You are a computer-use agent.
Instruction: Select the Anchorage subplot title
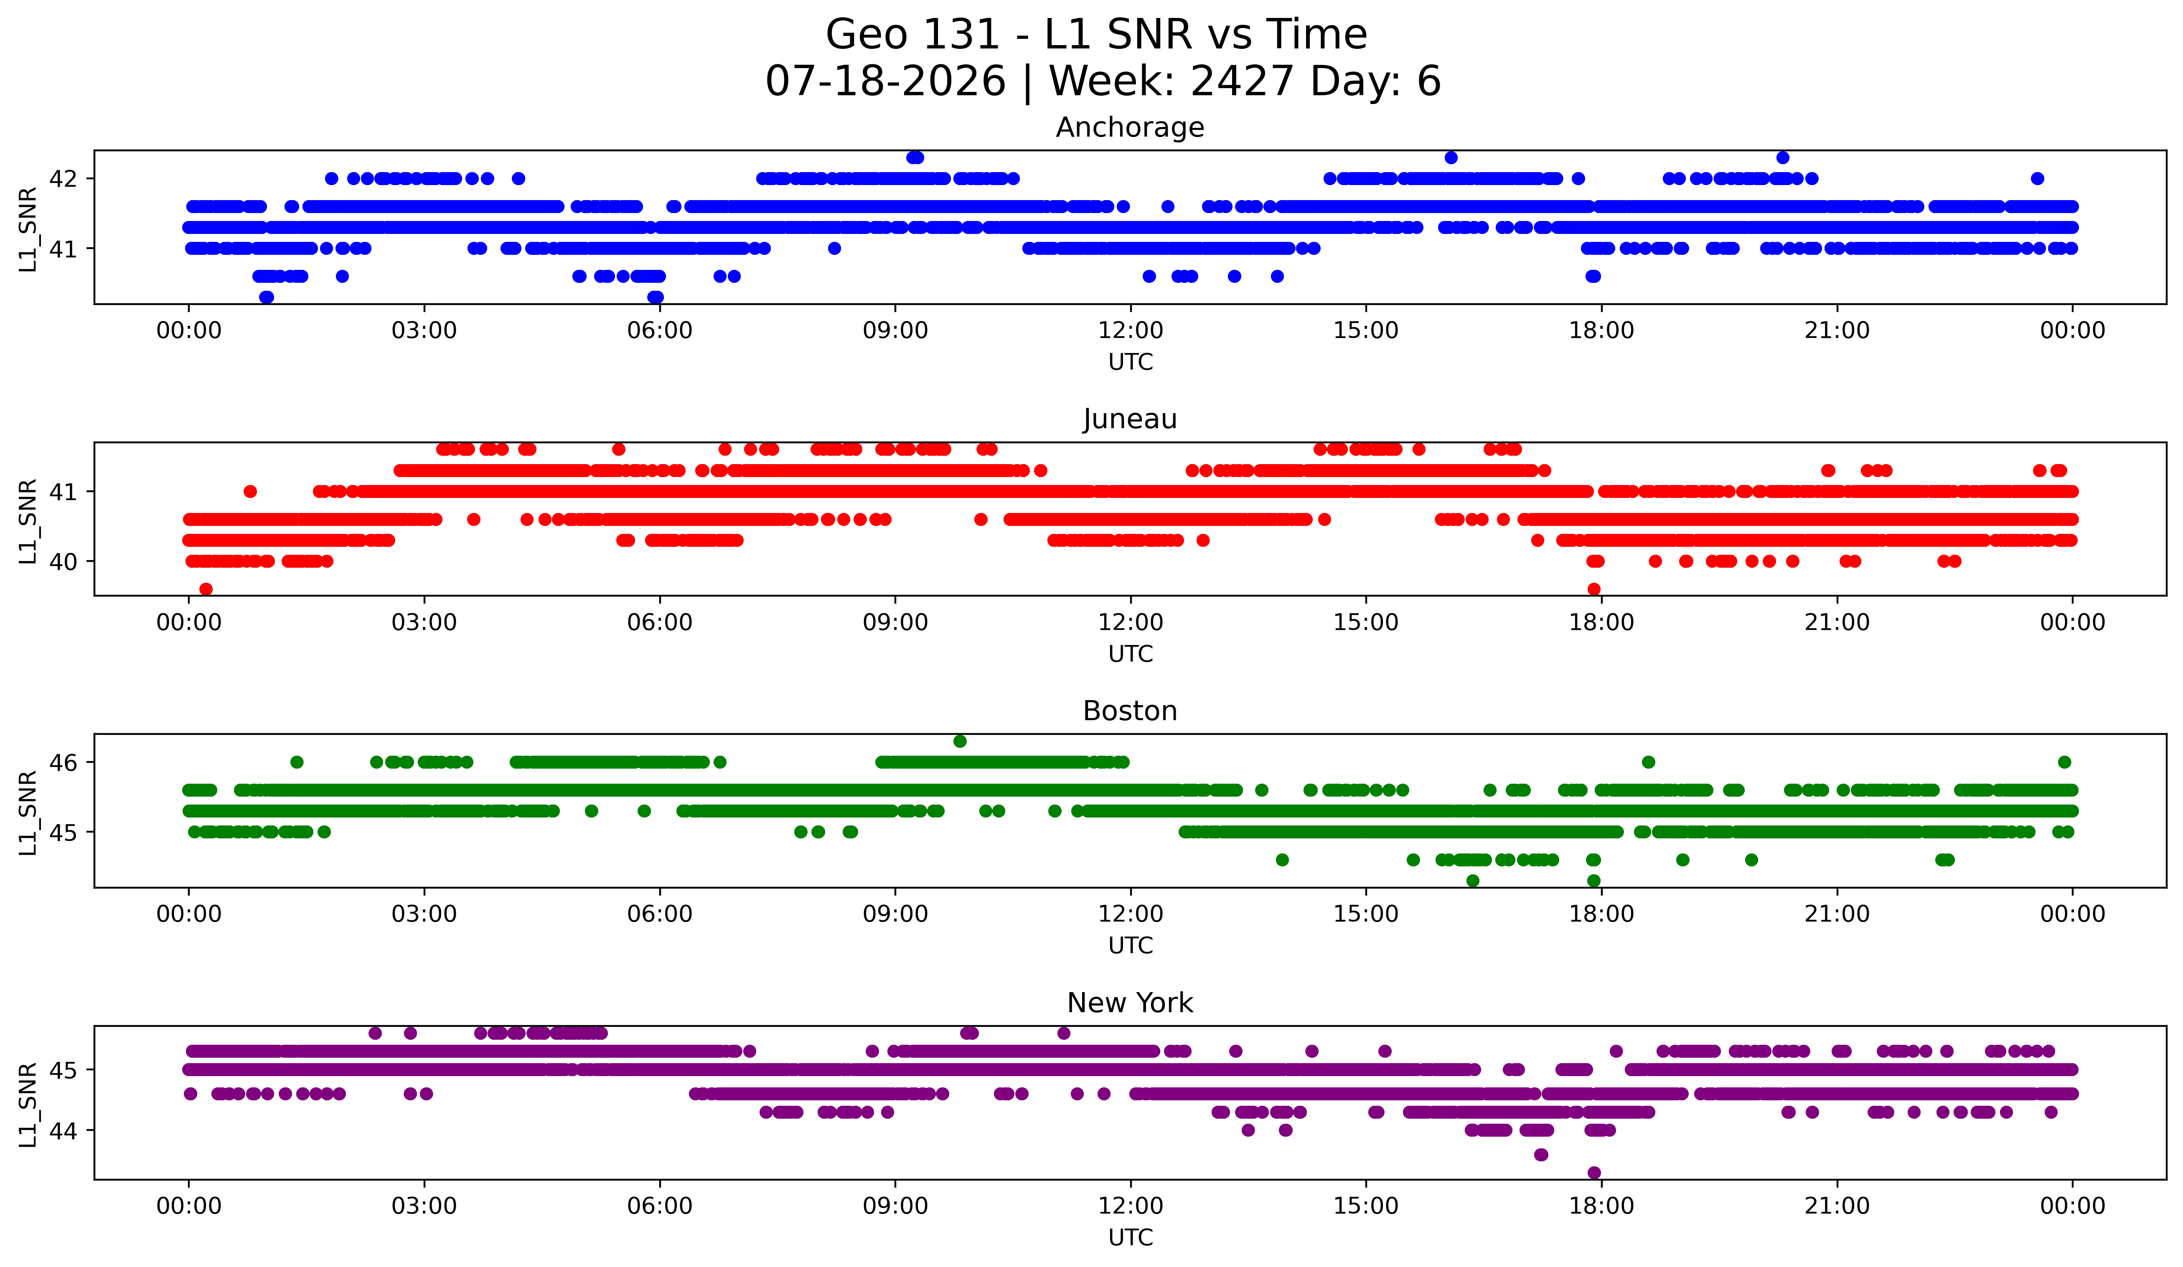[x=1130, y=127]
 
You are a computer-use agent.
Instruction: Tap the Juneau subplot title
[x=1130, y=419]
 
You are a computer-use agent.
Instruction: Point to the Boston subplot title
[x=1130, y=711]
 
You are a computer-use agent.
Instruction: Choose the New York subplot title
[x=1130, y=1003]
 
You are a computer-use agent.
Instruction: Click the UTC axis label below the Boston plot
[x=1131, y=946]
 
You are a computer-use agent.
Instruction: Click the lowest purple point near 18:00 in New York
[x=1594, y=1173]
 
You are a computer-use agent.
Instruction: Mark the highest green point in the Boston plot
[x=960, y=741]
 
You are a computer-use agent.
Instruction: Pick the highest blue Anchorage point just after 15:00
[x=1451, y=157]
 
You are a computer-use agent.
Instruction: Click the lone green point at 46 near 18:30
[x=1649, y=762]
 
